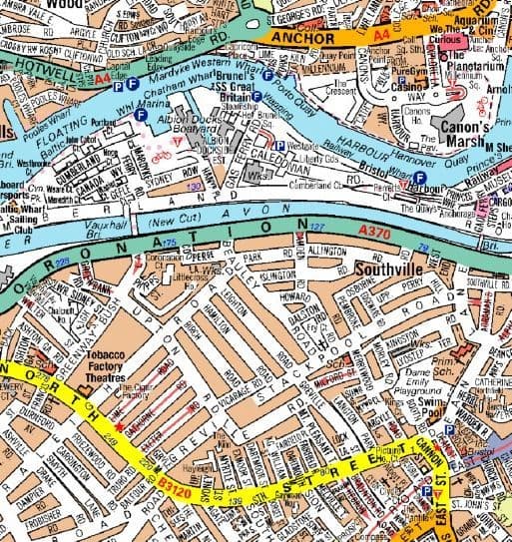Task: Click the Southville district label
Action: pyautogui.click(x=391, y=269)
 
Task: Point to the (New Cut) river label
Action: pyautogui.click(x=172, y=218)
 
